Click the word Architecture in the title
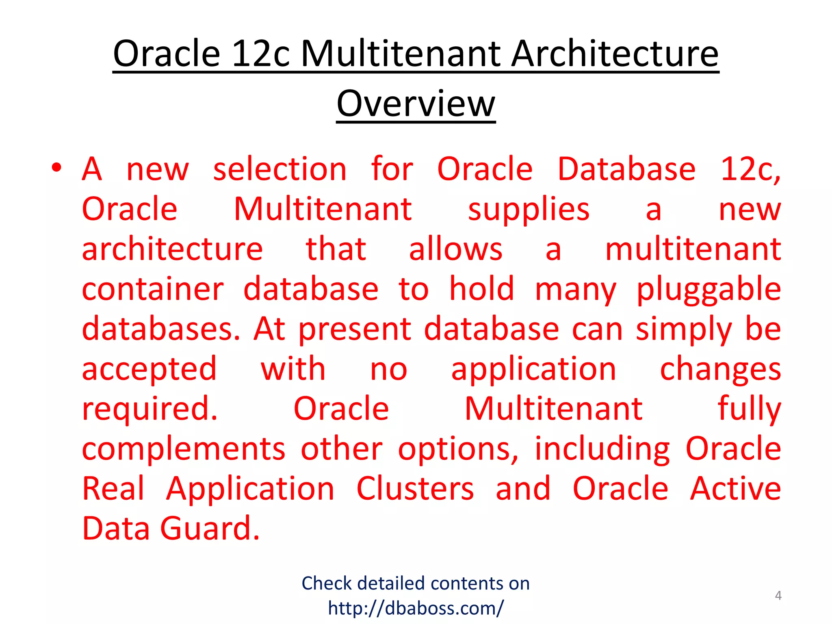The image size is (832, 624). pyautogui.click(x=615, y=54)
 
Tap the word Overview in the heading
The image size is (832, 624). pyautogui.click(x=416, y=104)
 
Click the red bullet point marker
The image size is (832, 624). pyautogui.click(x=56, y=167)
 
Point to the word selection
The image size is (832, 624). pyautogui.click(x=280, y=169)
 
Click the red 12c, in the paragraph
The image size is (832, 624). pyautogui.click(x=750, y=169)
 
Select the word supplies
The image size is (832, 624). pyautogui.click(x=529, y=209)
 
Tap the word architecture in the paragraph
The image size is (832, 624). pyautogui.click(x=172, y=249)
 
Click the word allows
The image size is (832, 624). pyautogui.click(x=455, y=249)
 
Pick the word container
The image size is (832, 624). pyautogui.click(x=153, y=289)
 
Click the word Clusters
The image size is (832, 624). pyautogui.click(x=415, y=488)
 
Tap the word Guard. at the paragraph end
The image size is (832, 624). pyautogui.click(x=210, y=529)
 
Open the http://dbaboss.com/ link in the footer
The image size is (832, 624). pyautogui.click(x=416, y=608)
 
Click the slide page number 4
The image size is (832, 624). pyautogui.click(x=778, y=596)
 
